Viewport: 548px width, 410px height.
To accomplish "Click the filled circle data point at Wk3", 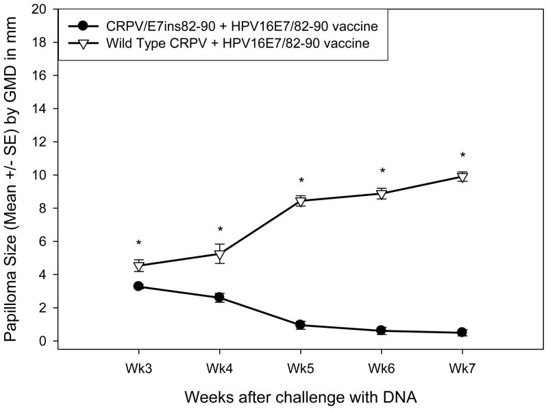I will (138, 286).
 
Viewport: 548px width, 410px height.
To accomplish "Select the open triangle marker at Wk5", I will (300, 201).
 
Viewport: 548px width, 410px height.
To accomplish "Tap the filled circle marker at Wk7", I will (462, 333).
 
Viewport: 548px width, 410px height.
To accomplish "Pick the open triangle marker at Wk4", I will (219, 255).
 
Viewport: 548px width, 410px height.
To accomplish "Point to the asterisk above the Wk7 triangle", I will (462, 156).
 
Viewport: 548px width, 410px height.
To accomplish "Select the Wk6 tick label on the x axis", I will (382, 367).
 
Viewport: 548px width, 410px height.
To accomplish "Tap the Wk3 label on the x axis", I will (138, 367).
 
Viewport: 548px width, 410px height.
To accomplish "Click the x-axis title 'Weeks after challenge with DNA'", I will (300, 396).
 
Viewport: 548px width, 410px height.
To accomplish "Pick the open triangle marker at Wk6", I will (382, 194).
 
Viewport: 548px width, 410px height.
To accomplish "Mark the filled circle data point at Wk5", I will (300, 325).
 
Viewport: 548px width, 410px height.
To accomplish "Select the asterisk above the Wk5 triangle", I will (300, 182).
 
